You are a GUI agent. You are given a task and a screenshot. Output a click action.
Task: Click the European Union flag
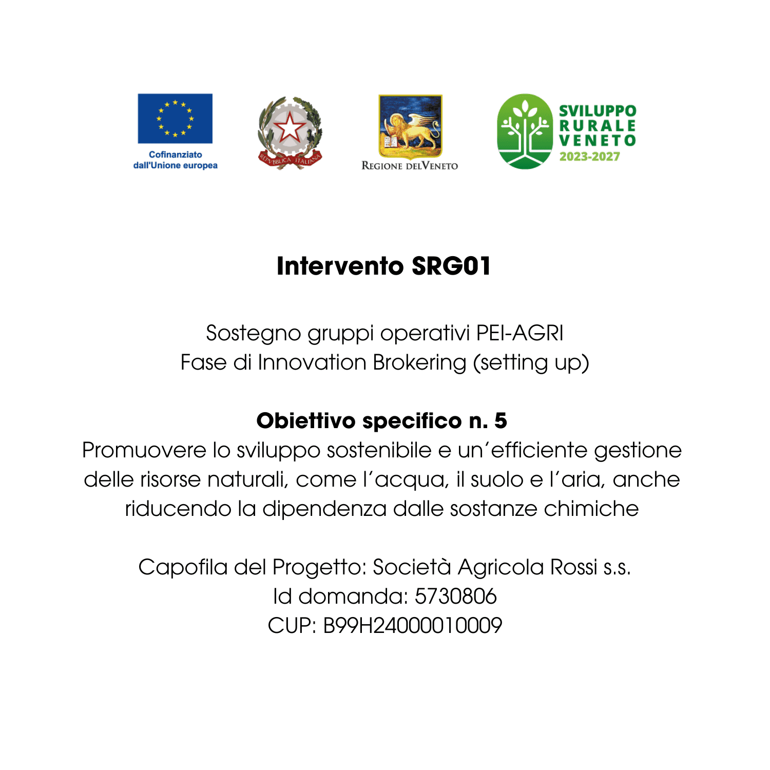click(175, 119)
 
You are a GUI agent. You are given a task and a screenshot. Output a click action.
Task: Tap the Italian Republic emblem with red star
click(290, 132)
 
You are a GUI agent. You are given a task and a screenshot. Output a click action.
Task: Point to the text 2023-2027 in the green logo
click(589, 157)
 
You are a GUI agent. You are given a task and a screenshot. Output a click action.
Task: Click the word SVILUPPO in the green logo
click(598, 111)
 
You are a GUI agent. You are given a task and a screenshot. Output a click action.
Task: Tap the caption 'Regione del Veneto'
click(410, 166)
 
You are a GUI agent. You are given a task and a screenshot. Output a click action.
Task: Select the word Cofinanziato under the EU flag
click(175, 155)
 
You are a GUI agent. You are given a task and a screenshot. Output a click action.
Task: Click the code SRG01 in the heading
click(451, 266)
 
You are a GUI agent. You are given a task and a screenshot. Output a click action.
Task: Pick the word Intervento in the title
click(340, 266)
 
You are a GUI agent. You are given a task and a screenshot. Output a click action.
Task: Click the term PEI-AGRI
click(519, 333)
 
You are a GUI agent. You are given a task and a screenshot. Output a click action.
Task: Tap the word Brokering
click(419, 362)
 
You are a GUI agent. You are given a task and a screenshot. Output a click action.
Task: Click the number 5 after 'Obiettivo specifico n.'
click(500, 421)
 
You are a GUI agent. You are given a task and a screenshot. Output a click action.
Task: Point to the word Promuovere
click(144, 450)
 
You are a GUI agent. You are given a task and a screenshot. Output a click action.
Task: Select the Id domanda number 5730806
click(455, 596)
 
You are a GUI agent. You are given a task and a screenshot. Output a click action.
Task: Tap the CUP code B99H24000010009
click(412, 626)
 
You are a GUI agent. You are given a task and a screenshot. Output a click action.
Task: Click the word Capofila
click(183, 567)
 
